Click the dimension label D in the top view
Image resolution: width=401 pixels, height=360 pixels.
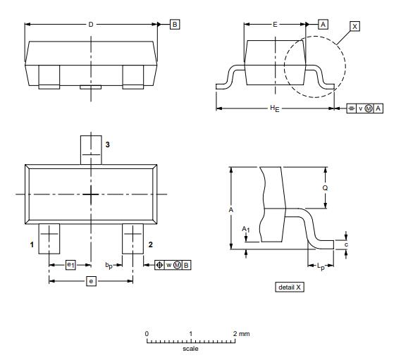click(x=91, y=24)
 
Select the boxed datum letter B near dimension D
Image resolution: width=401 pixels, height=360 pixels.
click(x=175, y=24)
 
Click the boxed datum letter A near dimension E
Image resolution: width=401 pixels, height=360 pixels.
click(x=323, y=24)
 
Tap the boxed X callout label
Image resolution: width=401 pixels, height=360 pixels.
click(x=354, y=26)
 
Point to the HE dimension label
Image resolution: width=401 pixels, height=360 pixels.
click(x=273, y=109)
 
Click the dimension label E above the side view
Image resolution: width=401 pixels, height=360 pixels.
click(x=275, y=24)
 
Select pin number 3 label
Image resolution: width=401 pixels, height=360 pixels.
click(x=107, y=144)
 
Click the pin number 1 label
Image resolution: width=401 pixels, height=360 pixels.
click(x=32, y=244)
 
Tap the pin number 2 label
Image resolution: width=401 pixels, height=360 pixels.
click(x=150, y=244)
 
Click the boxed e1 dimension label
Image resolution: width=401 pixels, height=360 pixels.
click(x=70, y=265)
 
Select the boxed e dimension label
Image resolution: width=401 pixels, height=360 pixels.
click(x=90, y=281)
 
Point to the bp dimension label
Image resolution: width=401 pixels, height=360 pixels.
click(x=109, y=266)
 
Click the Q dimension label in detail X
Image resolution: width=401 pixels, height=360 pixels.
click(x=324, y=189)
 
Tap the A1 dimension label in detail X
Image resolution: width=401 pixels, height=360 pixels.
click(x=245, y=230)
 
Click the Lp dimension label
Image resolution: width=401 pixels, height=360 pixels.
click(x=321, y=266)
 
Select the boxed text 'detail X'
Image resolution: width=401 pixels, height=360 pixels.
click(x=290, y=287)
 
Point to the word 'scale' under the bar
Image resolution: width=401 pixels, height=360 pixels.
click(x=190, y=349)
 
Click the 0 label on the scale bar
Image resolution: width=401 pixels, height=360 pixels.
click(x=147, y=333)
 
